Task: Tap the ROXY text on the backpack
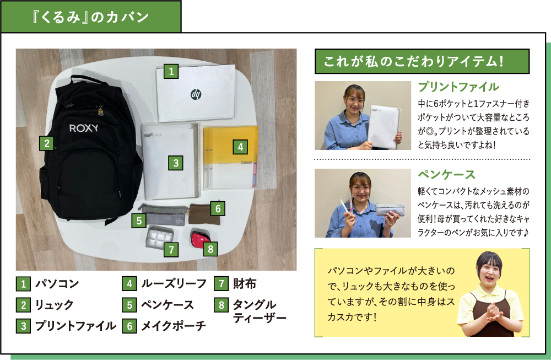pyautogui.click(x=84, y=128)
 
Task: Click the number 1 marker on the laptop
pyautogui.click(x=171, y=71)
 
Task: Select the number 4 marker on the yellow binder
pyautogui.click(x=239, y=147)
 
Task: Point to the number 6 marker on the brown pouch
pyautogui.click(x=218, y=208)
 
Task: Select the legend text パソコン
pyautogui.click(x=57, y=284)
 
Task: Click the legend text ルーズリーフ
pyautogui.click(x=174, y=284)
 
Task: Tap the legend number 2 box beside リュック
pyautogui.click(x=23, y=305)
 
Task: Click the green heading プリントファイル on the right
pyautogui.click(x=458, y=87)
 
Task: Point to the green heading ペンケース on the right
pyautogui.click(x=446, y=175)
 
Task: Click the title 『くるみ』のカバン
pyautogui.click(x=90, y=17)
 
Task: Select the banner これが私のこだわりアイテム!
pyautogui.click(x=422, y=61)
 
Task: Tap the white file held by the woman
pyautogui.click(x=385, y=127)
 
